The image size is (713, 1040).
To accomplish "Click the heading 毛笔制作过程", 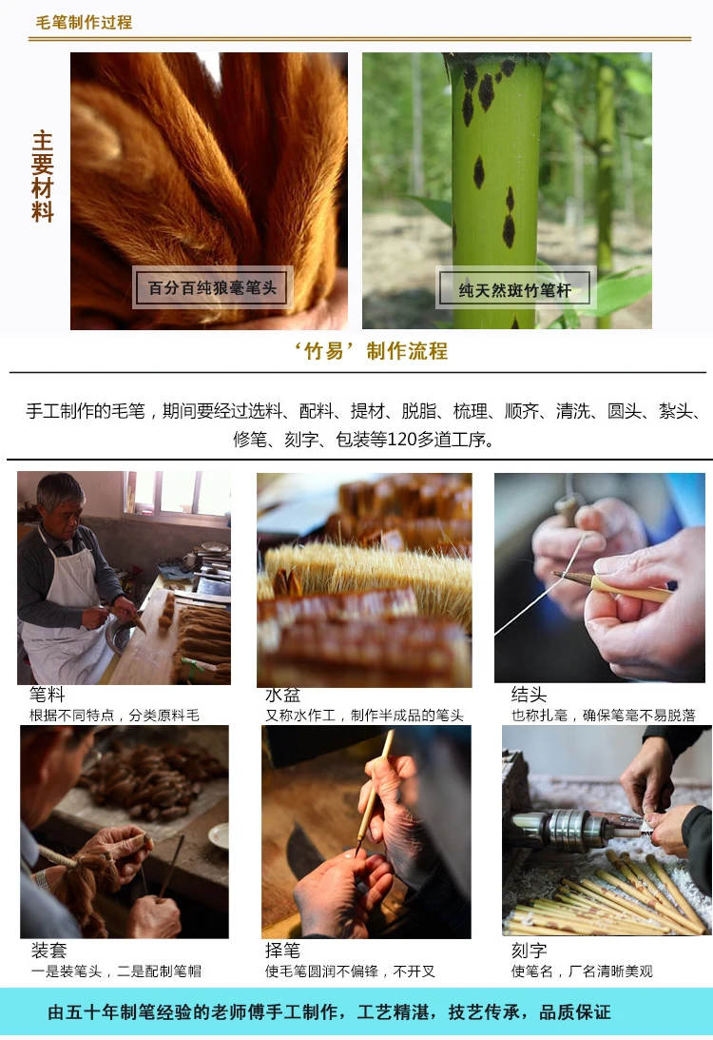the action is pyautogui.click(x=84, y=23).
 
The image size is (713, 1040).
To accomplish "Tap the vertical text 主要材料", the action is pyautogui.click(x=43, y=176).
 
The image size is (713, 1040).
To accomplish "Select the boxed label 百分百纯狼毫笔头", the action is pyautogui.click(x=212, y=288).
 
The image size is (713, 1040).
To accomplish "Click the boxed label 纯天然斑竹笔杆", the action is pyautogui.click(x=515, y=290).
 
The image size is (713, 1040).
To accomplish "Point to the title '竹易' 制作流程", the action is pyautogui.click(x=371, y=351).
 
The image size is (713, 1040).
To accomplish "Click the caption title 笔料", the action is pyautogui.click(x=47, y=695).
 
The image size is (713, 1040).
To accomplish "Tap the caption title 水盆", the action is pyautogui.click(x=283, y=695).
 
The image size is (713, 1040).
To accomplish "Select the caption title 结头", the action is pyautogui.click(x=529, y=695).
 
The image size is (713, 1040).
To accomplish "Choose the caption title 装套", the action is pyautogui.click(x=49, y=951).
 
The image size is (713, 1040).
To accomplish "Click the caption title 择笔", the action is pyautogui.click(x=283, y=951).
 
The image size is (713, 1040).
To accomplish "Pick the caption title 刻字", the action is pyautogui.click(x=529, y=951).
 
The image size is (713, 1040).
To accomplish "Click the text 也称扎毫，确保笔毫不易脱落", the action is pyautogui.click(x=603, y=715).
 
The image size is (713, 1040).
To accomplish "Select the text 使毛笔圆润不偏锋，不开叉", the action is pyautogui.click(x=350, y=971).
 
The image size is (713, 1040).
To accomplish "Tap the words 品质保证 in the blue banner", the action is pyautogui.click(x=574, y=1012).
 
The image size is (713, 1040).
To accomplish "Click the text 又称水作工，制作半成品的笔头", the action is pyautogui.click(x=364, y=715).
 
